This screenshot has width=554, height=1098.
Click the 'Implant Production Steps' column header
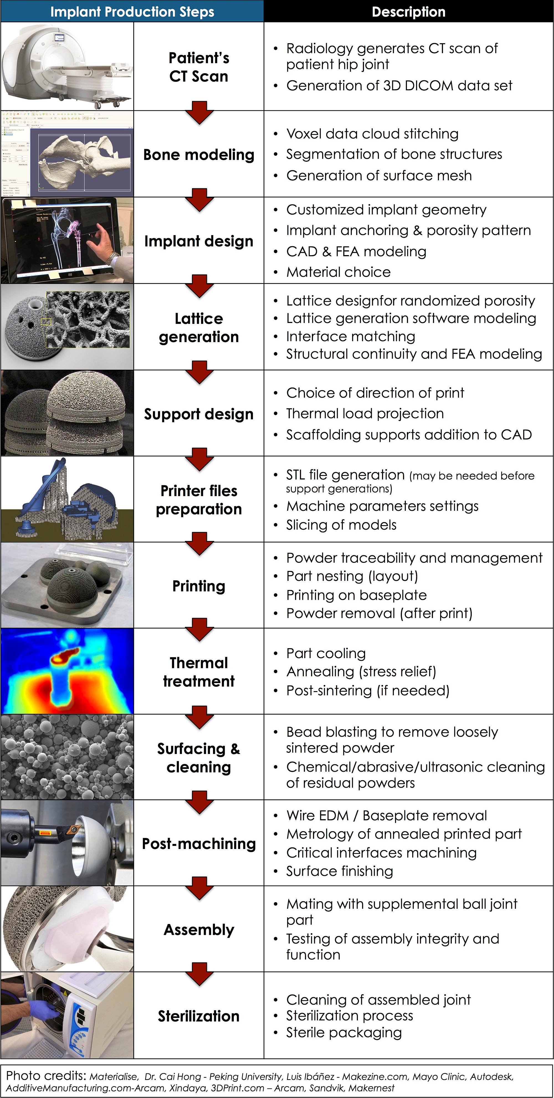point(132,12)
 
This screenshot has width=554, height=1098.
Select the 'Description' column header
point(408,12)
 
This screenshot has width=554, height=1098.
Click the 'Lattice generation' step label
point(199,327)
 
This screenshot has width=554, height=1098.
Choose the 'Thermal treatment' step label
point(199,672)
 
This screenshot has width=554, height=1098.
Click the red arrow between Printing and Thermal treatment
point(199,630)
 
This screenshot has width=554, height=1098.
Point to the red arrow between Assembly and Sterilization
point(199,974)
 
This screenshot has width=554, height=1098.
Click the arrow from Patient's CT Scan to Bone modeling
point(199,112)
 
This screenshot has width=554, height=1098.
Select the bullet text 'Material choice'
point(338,272)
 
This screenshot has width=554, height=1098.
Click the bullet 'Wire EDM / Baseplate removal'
point(386,815)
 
